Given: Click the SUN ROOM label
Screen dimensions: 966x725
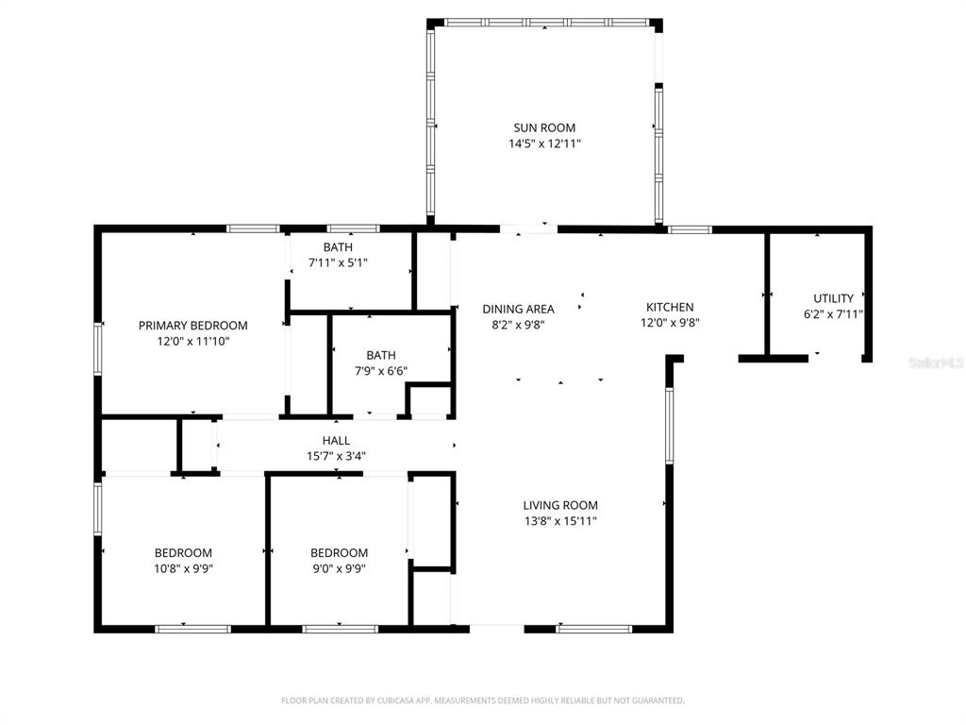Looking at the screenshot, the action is click(544, 127).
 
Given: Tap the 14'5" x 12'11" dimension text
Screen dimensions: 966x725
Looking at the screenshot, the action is click(544, 143).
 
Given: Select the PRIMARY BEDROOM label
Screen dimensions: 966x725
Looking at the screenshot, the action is click(192, 326).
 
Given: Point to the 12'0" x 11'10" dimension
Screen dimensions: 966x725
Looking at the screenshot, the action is click(192, 341).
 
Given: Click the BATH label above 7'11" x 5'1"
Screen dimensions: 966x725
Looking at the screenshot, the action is click(339, 247).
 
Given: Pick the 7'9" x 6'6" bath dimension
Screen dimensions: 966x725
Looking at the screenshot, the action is click(381, 371).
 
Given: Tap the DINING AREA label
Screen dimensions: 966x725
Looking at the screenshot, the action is click(518, 309).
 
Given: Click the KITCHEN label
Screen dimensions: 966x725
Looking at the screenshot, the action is click(670, 307).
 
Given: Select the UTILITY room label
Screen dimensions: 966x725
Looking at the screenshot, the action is click(834, 298).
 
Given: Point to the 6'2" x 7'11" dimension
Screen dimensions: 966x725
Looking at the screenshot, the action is click(834, 314).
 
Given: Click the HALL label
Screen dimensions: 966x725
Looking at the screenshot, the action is click(337, 441).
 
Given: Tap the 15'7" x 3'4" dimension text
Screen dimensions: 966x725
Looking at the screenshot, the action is click(337, 456).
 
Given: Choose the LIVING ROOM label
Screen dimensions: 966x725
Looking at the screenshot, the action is click(560, 506).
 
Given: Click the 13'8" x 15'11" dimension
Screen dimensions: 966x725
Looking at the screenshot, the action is click(560, 521).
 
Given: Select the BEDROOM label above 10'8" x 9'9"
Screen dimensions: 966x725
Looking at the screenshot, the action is click(183, 553).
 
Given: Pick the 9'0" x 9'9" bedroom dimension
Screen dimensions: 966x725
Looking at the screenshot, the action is click(339, 568).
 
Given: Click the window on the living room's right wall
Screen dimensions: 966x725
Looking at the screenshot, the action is click(669, 425).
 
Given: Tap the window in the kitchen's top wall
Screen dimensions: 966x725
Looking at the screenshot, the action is click(690, 229).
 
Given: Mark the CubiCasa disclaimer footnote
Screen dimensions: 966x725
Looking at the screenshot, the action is click(483, 700).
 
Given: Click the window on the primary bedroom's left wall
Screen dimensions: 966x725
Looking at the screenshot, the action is click(97, 349).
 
